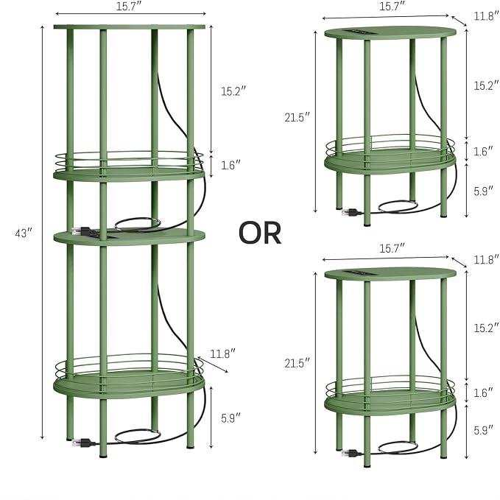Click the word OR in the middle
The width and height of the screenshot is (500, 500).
click(x=260, y=233)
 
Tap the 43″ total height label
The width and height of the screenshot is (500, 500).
click(x=24, y=233)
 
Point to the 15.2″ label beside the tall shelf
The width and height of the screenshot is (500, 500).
click(x=233, y=91)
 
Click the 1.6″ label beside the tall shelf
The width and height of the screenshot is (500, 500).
click(x=231, y=165)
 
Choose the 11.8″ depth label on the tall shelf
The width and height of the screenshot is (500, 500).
click(x=223, y=353)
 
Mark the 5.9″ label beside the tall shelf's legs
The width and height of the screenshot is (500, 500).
click(x=231, y=418)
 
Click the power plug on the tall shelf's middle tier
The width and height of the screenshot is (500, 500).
click(x=82, y=230)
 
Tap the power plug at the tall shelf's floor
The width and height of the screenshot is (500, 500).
click(x=83, y=443)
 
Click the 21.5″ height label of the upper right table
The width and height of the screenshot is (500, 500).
click(x=297, y=117)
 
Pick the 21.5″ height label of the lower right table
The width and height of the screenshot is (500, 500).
click(x=297, y=363)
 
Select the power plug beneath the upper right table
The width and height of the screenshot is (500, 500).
click(x=351, y=212)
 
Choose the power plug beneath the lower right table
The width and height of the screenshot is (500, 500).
click(x=351, y=453)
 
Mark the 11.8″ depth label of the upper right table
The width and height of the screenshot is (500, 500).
click(x=486, y=15)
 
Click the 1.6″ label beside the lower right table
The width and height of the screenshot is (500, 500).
click(x=483, y=393)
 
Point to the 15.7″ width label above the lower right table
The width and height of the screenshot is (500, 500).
click(x=392, y=247)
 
